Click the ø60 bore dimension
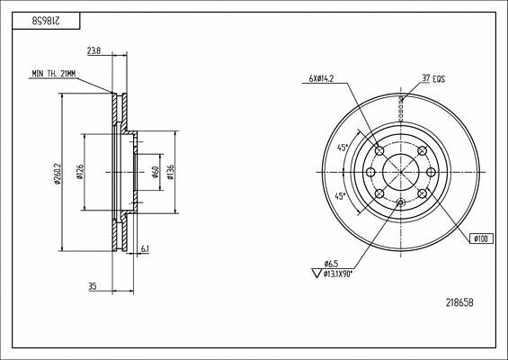(x=156, y=173)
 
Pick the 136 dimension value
(x=171, y=173)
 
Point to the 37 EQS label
(x=433, y=80)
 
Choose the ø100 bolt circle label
(x=482, y=238)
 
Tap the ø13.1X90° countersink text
(x=340, y=274)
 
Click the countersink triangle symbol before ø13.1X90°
(x=314, y=274)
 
